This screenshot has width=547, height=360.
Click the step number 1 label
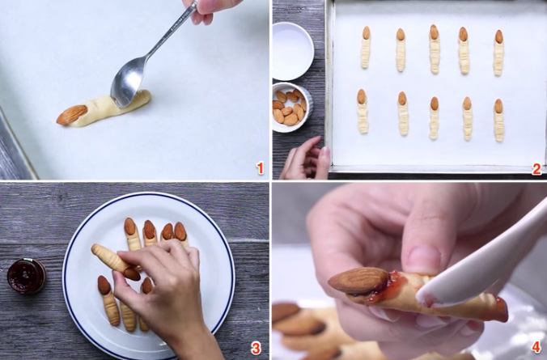[x=260, y=168]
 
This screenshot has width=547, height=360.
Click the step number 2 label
[x=536, y=168]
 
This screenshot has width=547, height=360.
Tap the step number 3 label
[x=256, y=349]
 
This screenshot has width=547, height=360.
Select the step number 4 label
[x=535, y=349]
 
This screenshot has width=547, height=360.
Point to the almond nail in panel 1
[x=72, y=114]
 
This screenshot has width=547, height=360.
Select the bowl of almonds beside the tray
[x=290, y=106]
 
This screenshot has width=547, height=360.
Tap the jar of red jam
[x=26, y=276]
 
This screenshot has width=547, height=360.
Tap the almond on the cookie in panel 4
[x=357, y=280]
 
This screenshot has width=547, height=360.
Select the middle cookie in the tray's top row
[x=434, y=49]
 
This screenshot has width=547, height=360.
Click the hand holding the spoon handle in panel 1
[x=212, y=7]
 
